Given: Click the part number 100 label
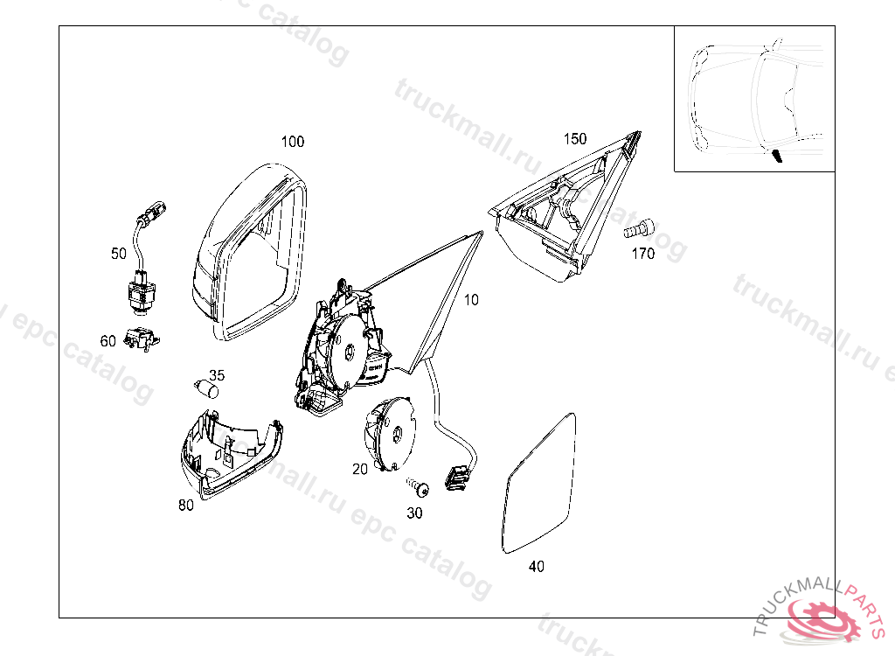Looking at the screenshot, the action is [292, 142].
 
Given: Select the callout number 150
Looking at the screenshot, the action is [574, 139].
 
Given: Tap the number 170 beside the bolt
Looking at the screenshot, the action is [642, 255].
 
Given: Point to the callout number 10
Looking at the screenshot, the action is [471, 300].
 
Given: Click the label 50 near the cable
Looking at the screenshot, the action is [119, 254].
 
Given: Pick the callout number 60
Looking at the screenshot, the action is [108, 341].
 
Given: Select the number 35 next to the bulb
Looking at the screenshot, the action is [217, 375].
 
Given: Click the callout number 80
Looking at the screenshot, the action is [185, 505].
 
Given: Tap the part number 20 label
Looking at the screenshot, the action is [360, 469].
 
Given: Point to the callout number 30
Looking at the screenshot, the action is [414, 513].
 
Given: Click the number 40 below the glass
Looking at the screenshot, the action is [537, 567].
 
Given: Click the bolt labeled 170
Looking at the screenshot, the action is [636, 229].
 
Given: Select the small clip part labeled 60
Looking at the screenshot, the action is [141, 339].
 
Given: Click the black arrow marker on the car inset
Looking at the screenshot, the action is [776, 156].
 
